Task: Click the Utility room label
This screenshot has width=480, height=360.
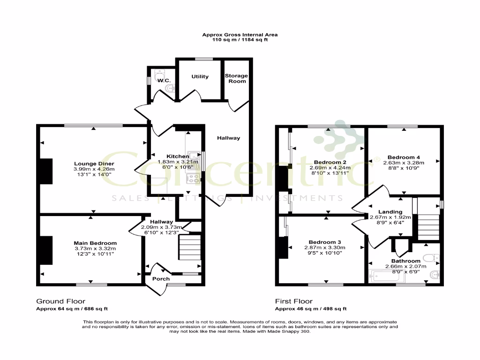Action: (200, 76)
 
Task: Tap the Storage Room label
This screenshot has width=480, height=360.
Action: (236, 78)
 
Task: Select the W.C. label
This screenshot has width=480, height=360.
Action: (164, 81)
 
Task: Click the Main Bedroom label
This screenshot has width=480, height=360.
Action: (95, 243)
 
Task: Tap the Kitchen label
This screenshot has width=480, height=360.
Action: (178, 156)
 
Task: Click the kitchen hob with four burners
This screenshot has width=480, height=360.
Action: (193, 178)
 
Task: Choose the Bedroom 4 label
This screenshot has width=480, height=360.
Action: (404, 157)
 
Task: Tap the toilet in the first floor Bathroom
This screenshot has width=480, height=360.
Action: (430, 257)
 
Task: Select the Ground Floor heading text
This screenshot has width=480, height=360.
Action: (61, 301)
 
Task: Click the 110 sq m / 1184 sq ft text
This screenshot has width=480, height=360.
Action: (240, 40)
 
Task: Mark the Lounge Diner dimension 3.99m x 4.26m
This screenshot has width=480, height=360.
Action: (94, 169)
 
